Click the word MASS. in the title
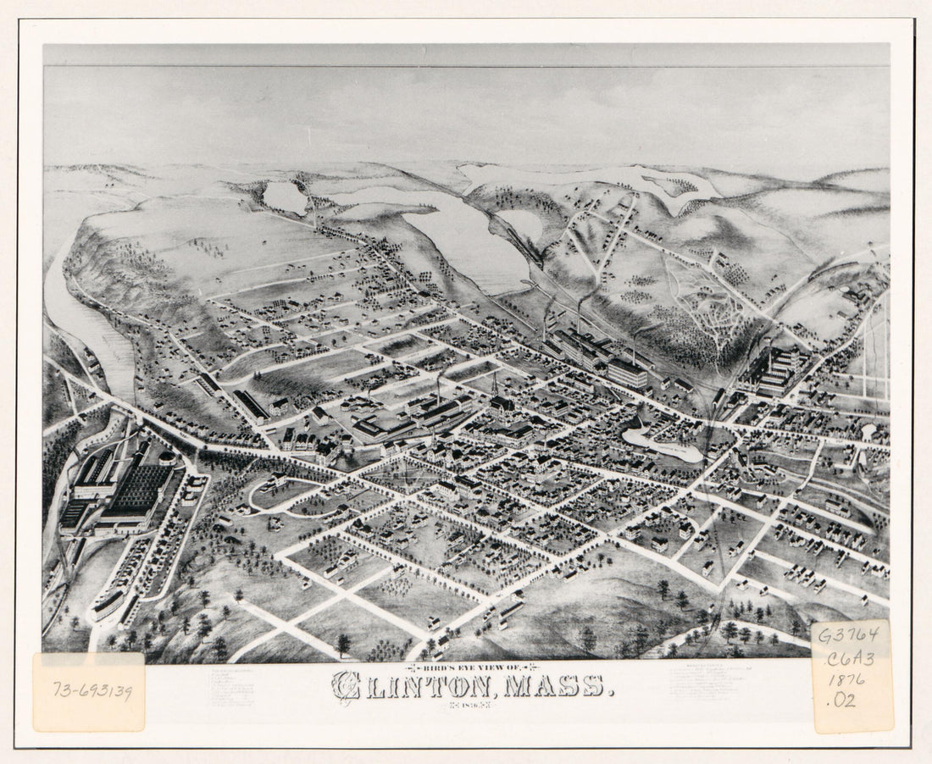click(x=559, y=684)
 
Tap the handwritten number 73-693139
click(x=92, y=692)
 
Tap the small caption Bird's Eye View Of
click(x=469, y=667)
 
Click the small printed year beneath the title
click(x=469, y=703)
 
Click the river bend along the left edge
click(x=80, y=313)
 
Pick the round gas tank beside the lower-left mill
click(x=167, y=457)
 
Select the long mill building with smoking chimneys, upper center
click(x=597, y=356)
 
